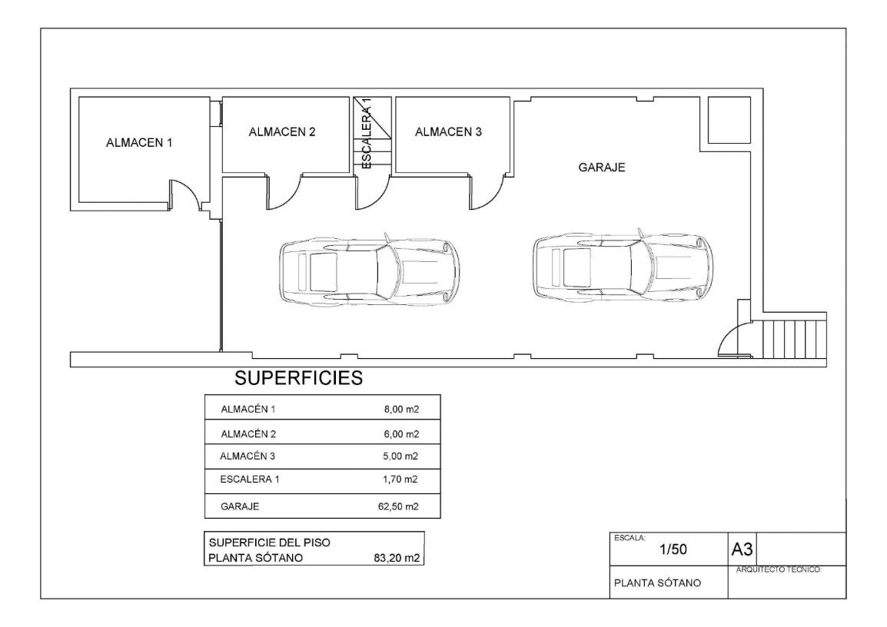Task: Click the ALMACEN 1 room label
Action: (139, 143)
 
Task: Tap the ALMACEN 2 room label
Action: (282, 132)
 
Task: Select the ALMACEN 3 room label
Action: (448, 132)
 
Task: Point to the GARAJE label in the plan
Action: (601, 168)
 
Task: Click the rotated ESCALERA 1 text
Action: (367, 134)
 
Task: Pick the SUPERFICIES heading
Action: (299, 378)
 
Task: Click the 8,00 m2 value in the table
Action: (402, 410)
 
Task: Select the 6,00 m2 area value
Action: (402, 434)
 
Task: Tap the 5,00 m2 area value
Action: (400, 456)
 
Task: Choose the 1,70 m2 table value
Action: (400, 479)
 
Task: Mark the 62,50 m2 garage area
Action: (398, 506)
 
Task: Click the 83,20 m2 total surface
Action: (397, 558)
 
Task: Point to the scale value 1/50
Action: (673, 549)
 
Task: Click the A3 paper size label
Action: (742, 549)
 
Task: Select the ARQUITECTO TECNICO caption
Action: (779, 570)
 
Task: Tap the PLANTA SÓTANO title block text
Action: (657, 583)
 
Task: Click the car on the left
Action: (370, 270)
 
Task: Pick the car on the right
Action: (623, 266)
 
